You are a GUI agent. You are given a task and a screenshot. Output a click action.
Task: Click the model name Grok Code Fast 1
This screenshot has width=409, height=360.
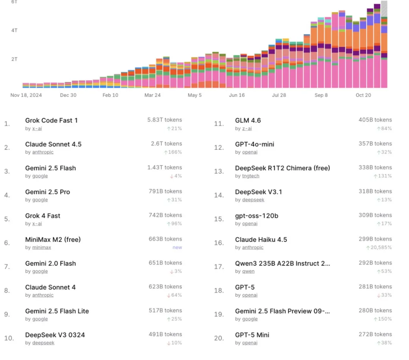(51, 120)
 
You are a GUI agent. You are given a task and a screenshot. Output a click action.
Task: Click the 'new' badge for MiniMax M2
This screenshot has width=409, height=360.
(177, 248)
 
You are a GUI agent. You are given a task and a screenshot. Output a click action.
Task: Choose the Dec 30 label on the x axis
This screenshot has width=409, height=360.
(68, 95)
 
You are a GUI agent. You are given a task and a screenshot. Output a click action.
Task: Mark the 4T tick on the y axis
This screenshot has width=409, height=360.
(14, 30)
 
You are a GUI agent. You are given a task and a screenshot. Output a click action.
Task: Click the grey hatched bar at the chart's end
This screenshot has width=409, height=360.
(384, 8)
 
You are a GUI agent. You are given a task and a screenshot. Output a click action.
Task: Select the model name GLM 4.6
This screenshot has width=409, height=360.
(248, 120)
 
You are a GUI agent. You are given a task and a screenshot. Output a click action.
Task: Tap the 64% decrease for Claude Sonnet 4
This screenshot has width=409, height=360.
(176, 295)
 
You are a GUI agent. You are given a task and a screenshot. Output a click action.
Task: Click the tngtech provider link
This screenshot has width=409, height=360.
(251, 176)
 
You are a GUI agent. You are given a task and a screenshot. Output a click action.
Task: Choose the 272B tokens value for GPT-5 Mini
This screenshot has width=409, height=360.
(375, 334)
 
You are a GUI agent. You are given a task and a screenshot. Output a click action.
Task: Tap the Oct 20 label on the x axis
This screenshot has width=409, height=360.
(363, 95)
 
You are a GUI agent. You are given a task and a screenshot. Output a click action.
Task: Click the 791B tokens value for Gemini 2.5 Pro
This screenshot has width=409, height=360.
(165, 191)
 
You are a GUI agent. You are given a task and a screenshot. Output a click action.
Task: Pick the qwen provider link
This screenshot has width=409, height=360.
(248, 271)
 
